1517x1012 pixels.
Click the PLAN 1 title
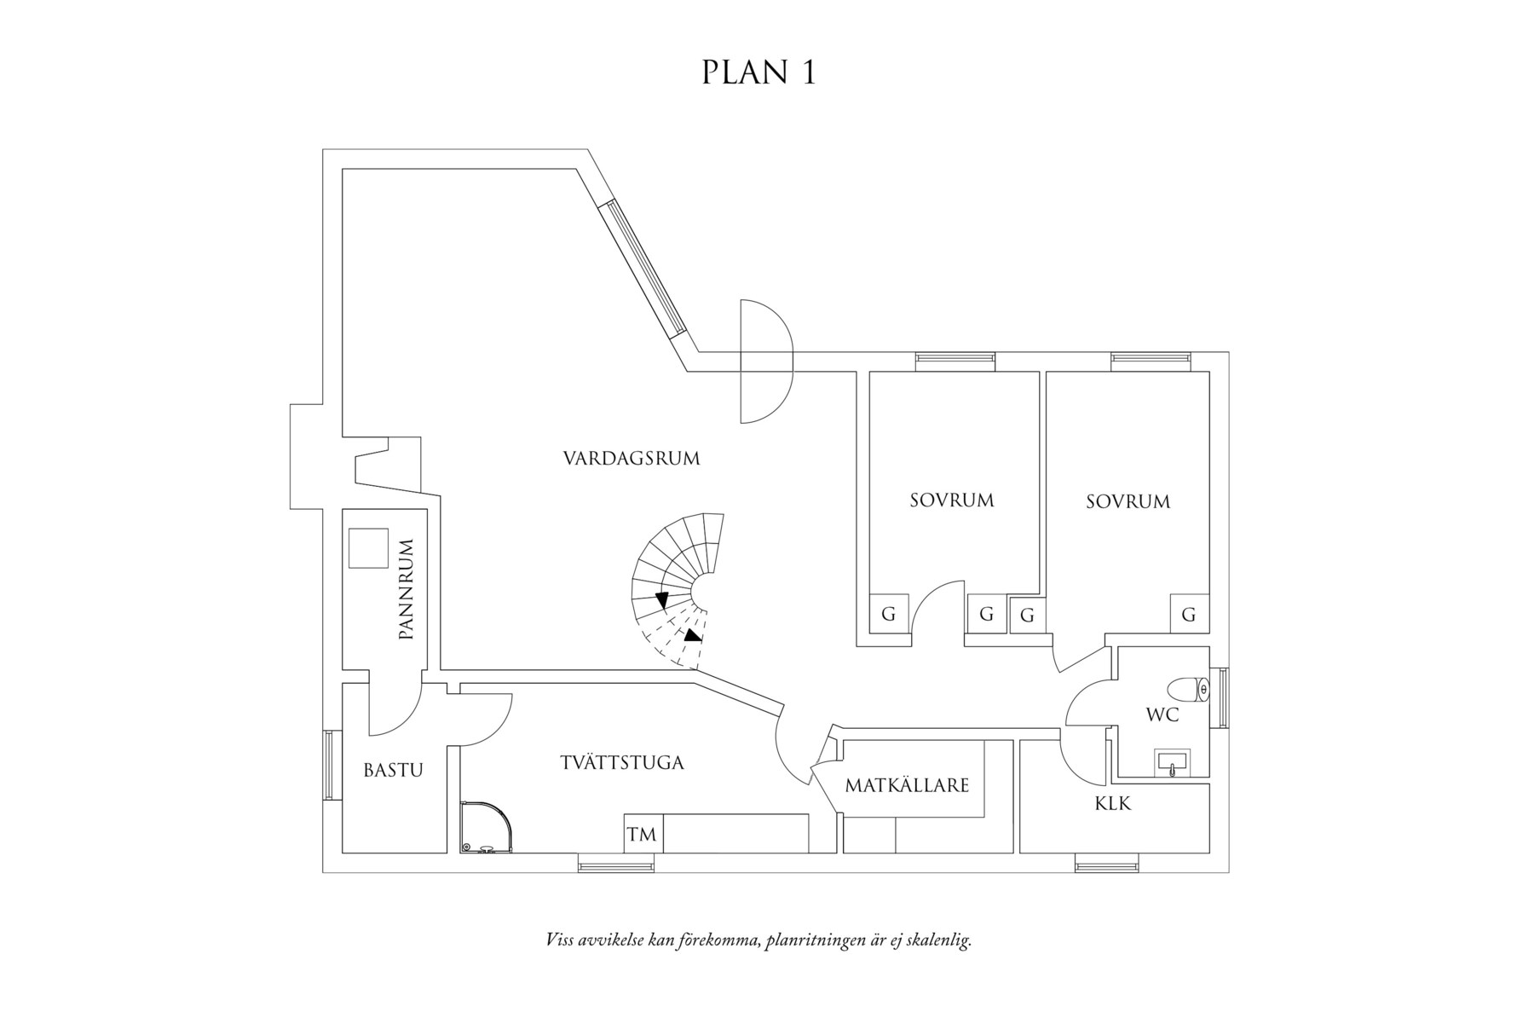[x=758, y=73]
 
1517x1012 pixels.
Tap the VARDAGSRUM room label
[x=632, y=459]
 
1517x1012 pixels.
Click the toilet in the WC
[x=1186, y=689]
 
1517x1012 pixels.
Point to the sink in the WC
[x=1174, y=764]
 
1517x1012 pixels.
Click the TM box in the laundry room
[x=643, y=835]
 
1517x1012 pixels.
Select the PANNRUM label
[x=407, y=589]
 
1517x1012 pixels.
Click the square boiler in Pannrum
[x=368, y=548]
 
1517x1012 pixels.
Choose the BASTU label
[x=393, y=771]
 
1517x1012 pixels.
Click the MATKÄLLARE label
[x=907, y=785]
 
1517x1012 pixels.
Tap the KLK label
[x=1113, y=803]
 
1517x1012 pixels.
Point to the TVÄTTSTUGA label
[x=622, y=763]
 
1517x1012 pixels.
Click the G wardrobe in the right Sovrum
[x=1189, y=614]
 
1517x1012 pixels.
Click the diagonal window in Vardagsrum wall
[x=644, y=268]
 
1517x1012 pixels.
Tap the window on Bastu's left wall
[x=327, y=765]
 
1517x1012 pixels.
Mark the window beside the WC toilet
[x=1224, y=697]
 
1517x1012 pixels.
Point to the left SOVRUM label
[x=951, y=500]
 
